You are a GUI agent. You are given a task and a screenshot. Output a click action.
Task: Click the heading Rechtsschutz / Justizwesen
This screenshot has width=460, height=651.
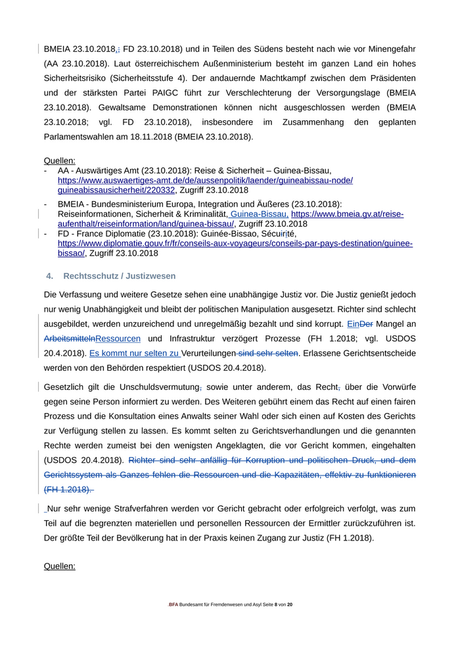click(x=119, y=276)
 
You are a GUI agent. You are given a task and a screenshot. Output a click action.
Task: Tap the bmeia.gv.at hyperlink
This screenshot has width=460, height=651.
click(x=347, y=214)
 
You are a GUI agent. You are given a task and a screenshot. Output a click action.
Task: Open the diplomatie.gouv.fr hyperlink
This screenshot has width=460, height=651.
click(x=235, y=243)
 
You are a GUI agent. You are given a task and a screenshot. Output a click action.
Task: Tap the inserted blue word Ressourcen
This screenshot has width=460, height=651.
click(x=118, y=339)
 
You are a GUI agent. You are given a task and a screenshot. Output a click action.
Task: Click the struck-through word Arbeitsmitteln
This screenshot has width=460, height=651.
click(x=69, y=339)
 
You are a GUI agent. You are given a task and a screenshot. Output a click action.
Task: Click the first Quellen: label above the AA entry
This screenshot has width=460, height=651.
click(x=59, y=160)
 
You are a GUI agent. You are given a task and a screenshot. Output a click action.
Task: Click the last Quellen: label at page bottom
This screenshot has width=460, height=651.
click(x=59, y=566)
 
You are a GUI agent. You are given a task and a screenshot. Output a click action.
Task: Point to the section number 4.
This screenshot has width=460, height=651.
click(x=49, y=276)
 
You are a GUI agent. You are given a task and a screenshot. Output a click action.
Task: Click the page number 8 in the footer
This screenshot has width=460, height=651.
click(x=276, y=604)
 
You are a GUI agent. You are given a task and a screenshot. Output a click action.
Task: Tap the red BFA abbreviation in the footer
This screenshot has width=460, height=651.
click(x=173, y=604)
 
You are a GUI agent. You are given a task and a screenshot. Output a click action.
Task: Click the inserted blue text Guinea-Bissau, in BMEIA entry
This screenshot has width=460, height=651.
click(x=259, y=214)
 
